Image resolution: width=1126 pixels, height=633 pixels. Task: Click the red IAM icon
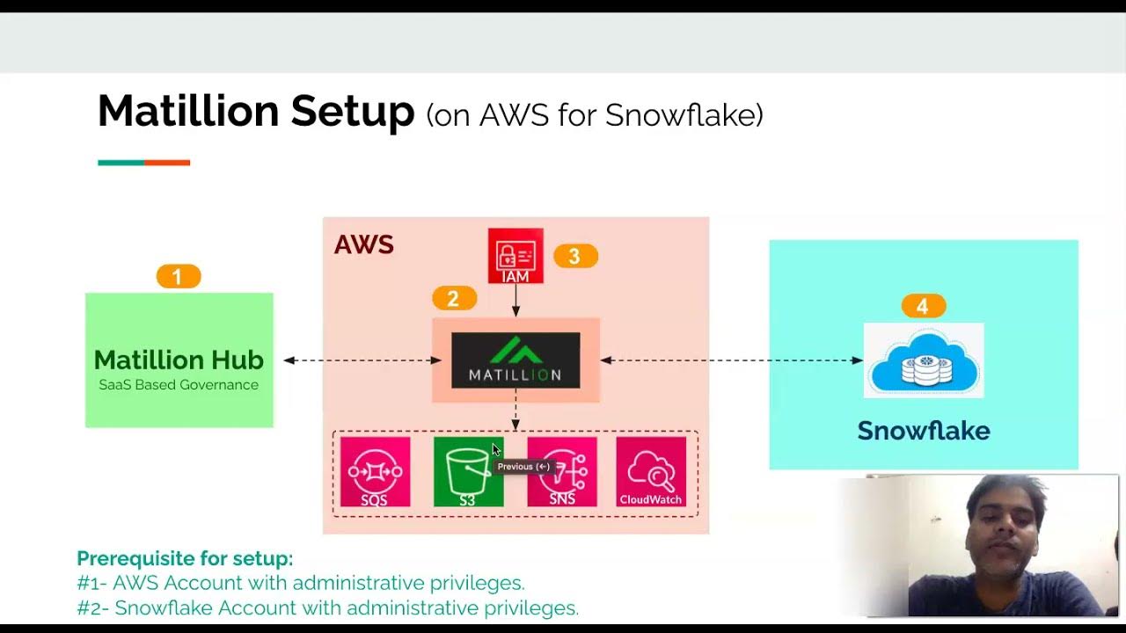(515, 256)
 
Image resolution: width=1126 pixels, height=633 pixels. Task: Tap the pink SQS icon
(375, 472)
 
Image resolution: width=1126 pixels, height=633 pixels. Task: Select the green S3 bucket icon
(468, 472)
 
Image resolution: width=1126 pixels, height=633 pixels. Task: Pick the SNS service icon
(562, 472)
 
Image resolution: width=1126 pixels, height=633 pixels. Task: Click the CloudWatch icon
(651, 472)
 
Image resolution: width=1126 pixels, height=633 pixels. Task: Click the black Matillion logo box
(515, 360)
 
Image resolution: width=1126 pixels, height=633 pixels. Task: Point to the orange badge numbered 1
(179, 277)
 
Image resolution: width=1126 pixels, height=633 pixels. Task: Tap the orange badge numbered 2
(454, 298)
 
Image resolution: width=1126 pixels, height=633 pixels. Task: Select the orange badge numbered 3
(575, 256)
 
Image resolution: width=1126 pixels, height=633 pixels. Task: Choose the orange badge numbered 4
(923, 306)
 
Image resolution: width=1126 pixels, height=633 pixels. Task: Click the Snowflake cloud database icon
(924, 360)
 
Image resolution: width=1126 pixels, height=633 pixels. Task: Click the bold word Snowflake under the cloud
(924, 431)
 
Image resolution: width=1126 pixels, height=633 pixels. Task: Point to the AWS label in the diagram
(363, 244)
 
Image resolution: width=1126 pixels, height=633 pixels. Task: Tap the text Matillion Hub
(179, 360)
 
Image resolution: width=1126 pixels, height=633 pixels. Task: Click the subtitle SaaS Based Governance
(179, 385)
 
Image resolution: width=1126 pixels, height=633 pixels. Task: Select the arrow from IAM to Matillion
(515, 301)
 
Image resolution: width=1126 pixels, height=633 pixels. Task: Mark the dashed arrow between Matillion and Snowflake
(730, 360)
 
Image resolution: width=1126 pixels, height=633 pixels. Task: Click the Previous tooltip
(523, 467)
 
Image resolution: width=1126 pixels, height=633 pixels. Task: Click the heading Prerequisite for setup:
(185, 558)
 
